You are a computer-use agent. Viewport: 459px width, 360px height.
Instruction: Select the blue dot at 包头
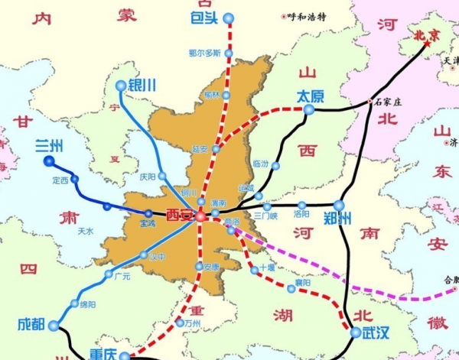pos(229,18)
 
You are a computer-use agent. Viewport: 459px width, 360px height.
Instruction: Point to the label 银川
pos(142,86)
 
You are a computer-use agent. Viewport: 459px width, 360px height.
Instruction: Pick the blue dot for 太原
pos(309,110)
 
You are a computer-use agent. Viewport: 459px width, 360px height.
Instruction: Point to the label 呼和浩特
pos(311,16)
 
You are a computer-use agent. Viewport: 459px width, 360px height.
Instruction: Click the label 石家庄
pos(389,101)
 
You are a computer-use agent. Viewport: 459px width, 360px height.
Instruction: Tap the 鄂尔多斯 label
pos(204,54)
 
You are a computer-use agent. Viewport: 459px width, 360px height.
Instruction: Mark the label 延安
pos(200,149)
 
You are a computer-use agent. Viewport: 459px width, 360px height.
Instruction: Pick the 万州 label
pos(191,323)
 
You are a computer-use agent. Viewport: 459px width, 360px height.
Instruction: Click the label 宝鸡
pos(147,224)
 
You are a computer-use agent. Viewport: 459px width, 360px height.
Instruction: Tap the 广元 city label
pos(122,276)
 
